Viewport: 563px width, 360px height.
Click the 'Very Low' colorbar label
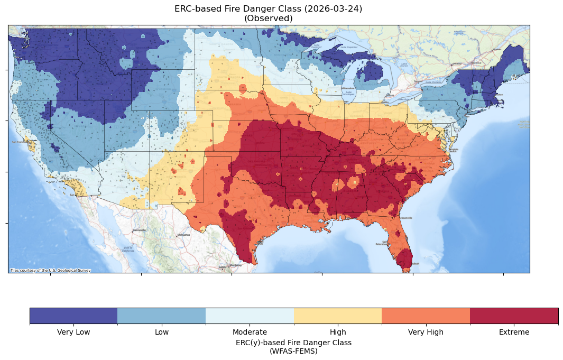click(x=73, y=332)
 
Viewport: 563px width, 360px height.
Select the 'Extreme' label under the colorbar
click(x=514, y=332)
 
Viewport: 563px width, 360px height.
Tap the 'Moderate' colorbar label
click(x=250, y=332)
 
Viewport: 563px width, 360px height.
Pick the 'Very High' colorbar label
click(x=426, y=332)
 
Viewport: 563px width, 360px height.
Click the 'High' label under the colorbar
click(x=338, y=332)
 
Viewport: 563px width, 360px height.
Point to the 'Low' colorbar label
click(x=162, y=332)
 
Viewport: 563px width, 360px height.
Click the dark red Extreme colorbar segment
click(x=514, y=316)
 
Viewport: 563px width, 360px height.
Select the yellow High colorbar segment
click(x=338, y=316)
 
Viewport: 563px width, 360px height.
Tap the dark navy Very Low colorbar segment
click(x=73, y=316)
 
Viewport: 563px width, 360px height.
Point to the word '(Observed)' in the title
click(x=268, y=19)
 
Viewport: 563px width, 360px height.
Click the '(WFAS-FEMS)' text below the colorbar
click(x=293, y=350)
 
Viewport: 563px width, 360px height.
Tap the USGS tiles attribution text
click(x=51, y=271)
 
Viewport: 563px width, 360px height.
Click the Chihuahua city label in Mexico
click(x=183, y=235)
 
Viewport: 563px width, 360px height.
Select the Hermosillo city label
click(x=139, y=230)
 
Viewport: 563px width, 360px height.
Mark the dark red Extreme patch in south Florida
click(x=404, y=259)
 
